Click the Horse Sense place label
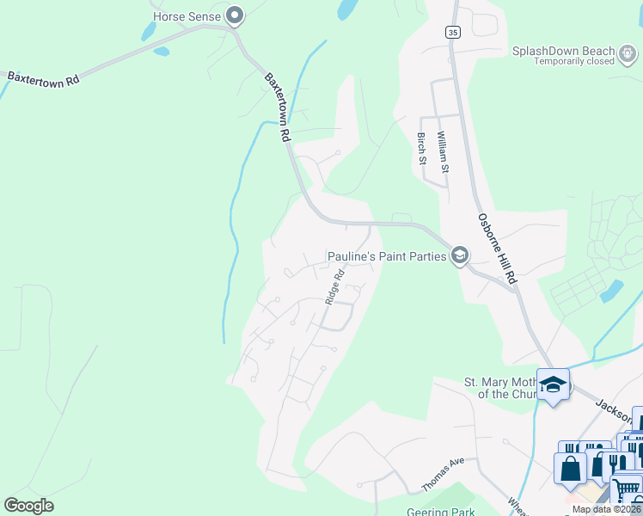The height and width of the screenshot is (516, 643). (x=187, y=15)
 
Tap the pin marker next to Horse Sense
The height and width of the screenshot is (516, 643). (x=235, y=15)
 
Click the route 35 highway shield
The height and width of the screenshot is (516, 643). (x=452, y=32)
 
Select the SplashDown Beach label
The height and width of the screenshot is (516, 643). (x=575, y=51)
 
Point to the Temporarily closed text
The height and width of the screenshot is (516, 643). (x=573, y=61)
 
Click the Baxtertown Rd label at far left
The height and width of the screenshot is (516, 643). (x=42, y=77)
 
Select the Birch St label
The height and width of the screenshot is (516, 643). (x=421, y=148)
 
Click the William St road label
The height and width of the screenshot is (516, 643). (x=443, y=150)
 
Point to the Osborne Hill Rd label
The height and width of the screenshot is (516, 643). (x=498, y=249)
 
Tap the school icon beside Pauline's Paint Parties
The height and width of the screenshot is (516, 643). (x=460, y=255)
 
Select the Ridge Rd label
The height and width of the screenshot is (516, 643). (x=334, y=287)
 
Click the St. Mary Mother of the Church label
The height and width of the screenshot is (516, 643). (x=499, y=388)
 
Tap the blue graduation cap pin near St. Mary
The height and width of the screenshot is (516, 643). (x=553, y=384)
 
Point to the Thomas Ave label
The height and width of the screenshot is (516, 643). (x=443, y=475)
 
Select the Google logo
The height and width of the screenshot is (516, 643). (x=28, y=506)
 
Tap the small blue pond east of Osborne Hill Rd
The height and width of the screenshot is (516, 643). (x=611, y=292)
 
